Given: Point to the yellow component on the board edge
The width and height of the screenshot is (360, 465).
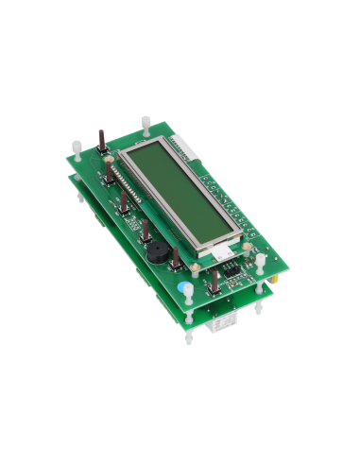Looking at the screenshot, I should point(272,279).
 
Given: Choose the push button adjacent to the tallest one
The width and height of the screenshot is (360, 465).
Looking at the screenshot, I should point(111,176).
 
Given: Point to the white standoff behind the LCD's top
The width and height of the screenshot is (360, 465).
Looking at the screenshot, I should point(146,124).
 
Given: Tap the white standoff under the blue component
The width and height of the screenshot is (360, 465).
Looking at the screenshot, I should point(189,312).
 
